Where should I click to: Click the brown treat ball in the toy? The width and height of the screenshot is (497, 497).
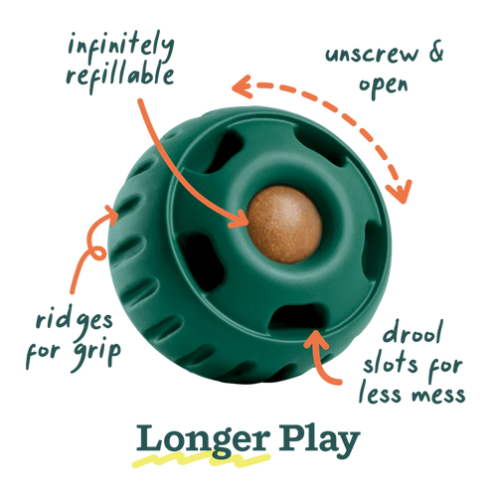(x=284, y=225)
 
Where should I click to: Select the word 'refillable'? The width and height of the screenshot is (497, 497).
(x=120, y=76)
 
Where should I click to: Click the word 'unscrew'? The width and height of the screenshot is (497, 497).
(x=372, y=55)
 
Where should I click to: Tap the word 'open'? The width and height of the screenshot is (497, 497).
(x=384, y=86)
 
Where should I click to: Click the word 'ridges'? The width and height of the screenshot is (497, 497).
(x=75, y=321)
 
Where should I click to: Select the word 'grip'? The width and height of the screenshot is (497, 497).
(x=97, y=353)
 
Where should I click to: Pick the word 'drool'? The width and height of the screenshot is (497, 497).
(x=413, y=332)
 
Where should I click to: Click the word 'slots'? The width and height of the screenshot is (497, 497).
(x=391, y=364)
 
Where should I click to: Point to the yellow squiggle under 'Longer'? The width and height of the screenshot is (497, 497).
(x=201, y=459)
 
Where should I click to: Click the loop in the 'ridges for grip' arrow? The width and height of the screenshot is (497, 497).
(x=98, y=253)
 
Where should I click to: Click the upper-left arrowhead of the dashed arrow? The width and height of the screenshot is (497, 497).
(x=243, y=86)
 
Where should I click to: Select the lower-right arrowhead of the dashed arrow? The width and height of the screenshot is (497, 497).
(x=400, y=192)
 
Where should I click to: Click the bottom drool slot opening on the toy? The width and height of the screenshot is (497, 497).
(x=297, y=317)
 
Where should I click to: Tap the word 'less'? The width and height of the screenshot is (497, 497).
(x=382, y=392)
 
